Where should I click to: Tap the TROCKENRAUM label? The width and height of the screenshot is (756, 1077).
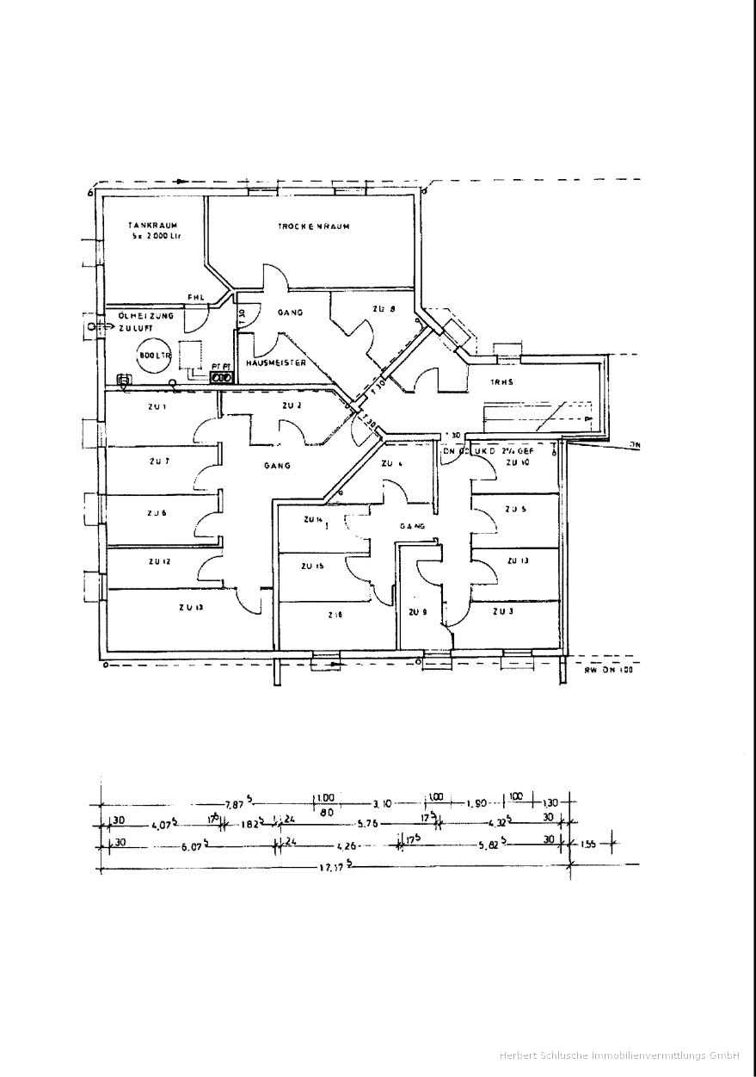[x=312, y=226]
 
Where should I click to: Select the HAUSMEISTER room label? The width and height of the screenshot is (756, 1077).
[x=276, y=363]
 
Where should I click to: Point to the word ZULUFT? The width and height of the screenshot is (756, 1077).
[x=134, y=328]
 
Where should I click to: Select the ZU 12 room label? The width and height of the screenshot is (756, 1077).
[x=159, y=561]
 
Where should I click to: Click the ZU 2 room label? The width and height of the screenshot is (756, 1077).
[x=292, y=405]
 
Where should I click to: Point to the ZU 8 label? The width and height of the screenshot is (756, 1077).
[x=384, y=309]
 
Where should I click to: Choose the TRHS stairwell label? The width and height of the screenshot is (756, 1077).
[x=503, y=381]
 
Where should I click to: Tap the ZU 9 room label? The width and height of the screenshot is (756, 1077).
[x=418, y=612]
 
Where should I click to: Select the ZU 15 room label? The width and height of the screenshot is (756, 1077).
[x=311, y=566]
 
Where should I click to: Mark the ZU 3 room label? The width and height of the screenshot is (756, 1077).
[x=503, y=611]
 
